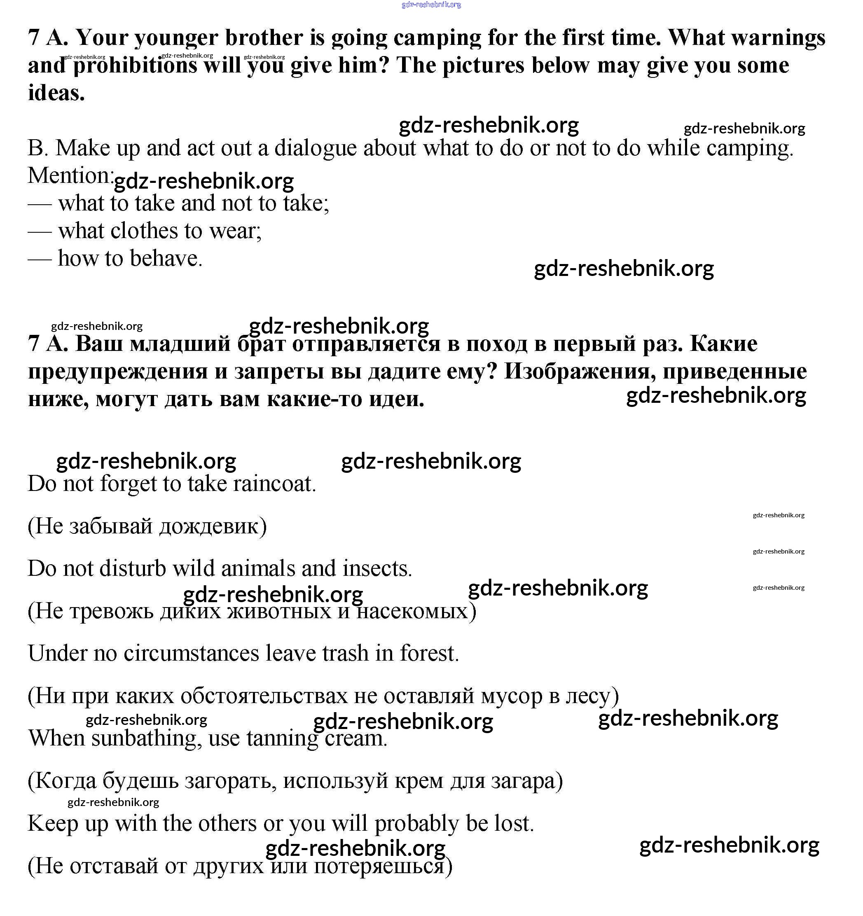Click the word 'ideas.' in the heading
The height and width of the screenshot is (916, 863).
click(x=56, y=93)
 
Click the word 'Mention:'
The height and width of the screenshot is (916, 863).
click(x=70, y=176)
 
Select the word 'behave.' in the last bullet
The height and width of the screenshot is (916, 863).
click(x=166, y=259)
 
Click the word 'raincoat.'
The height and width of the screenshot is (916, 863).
click(x=275, y=484)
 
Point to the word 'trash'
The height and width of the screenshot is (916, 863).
click(x=345, y=653)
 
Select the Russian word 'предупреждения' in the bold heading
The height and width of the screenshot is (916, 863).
click(x=117, y=372)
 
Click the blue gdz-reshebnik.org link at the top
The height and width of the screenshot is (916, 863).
click(x=431, y=5)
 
